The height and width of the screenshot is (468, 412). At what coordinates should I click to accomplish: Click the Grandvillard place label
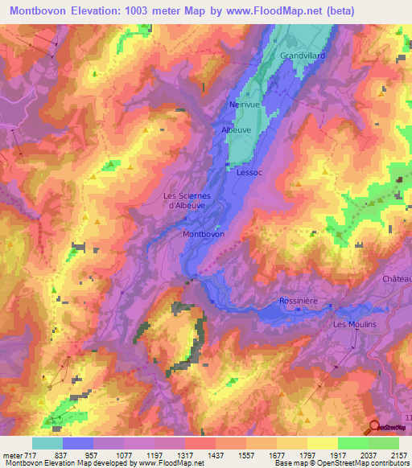click(x=303, y=55)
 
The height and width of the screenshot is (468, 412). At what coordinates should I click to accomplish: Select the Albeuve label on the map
click(x=237, y=129)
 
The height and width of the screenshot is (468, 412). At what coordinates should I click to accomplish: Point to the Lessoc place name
click(x=250, y=171)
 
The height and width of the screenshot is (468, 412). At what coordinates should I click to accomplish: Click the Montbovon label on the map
click(x=204, y=234)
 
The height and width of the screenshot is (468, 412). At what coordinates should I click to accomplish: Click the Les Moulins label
click(x=354, y=324)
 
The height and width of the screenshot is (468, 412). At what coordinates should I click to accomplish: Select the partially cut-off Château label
click(x=398, y=278)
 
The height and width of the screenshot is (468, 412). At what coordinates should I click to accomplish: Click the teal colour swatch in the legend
click(x=47, y=443)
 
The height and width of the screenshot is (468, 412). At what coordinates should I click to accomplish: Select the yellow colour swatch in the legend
click(x=323, y=443)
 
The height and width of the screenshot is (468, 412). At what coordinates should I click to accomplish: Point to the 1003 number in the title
click(x=155, y=10)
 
